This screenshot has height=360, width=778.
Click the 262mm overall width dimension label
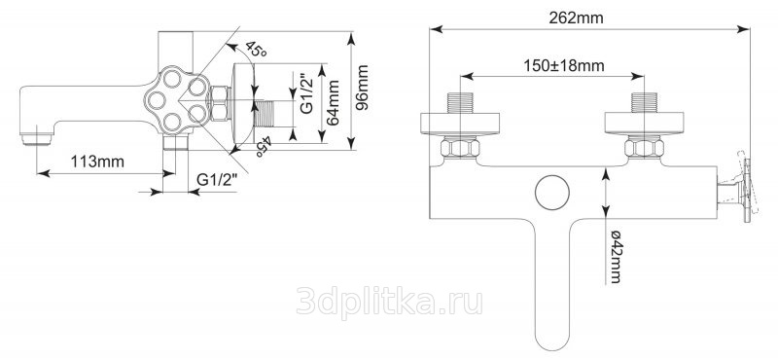pyautogui.click(x=576, y=18)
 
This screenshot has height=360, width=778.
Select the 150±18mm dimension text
pyautogui.click(x=564, y=65)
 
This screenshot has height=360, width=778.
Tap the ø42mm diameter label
pyautogui.click(x=616, y=256)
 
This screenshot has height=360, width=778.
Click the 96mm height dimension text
pyautogui.click(x=363, y=88)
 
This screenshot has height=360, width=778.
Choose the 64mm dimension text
pyautogui.click(x=333, y=103)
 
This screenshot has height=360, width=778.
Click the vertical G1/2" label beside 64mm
pyautogui.click(x=307, y=93)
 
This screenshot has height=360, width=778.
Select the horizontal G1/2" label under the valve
pyautogui.click(x=218, y=180)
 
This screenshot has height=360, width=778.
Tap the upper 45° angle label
pyautogui.click(x=255, y=50)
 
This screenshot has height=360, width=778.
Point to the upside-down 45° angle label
pyautogui.click(x=264, y=147)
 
